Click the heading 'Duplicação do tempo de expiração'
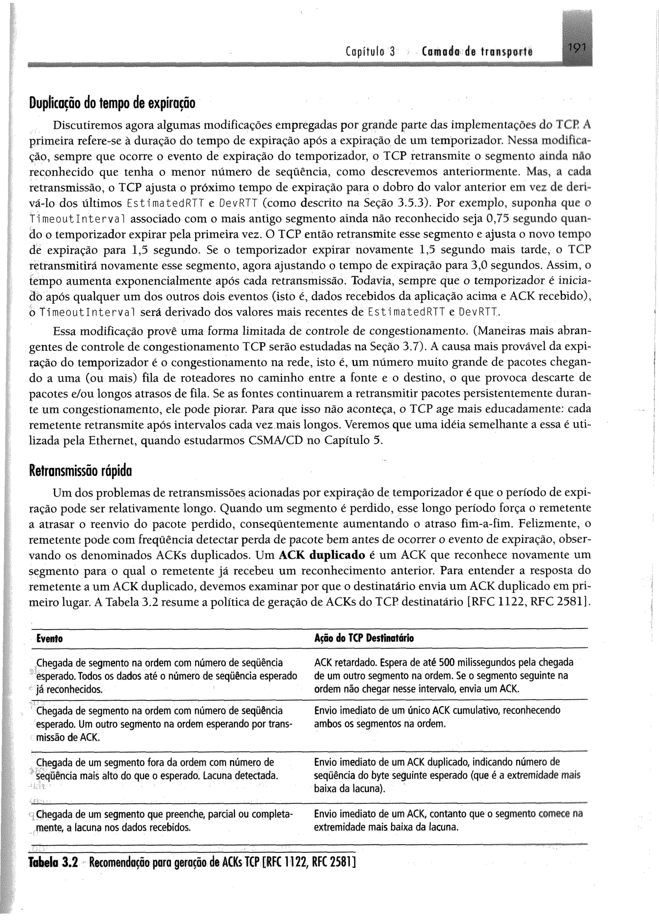coord(112,103)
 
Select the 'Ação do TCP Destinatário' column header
coord(364,638)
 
